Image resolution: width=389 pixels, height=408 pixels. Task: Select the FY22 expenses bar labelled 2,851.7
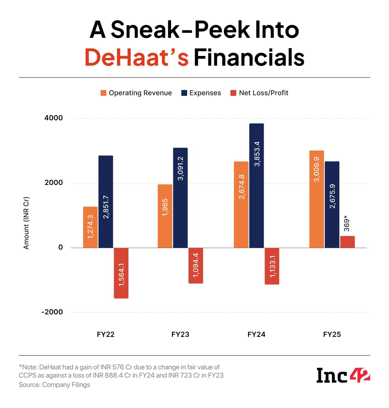click(x=106, y=202)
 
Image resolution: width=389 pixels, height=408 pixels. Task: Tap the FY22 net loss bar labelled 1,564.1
click(x=121, y=273)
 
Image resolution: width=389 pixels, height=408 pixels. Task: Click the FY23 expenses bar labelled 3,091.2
click(x=180, y=198)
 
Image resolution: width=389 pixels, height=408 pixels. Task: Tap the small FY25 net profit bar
click(x=347, y=242)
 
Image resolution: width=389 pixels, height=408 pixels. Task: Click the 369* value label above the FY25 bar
click(x=347, y=225)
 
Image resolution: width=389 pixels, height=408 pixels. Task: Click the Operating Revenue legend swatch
click(x=103, y=93)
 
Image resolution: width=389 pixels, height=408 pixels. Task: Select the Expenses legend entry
click(x=201, y=93)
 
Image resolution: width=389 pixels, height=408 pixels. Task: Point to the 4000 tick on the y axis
click(x=53, y=118)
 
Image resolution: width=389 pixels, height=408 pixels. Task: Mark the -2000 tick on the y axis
click(x=52, y=312)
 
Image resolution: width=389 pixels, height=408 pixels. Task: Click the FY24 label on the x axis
click(x=256, y=334)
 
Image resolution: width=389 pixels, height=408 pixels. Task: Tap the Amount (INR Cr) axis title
click(x=26, y=223)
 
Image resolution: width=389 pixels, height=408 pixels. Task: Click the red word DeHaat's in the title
click(x=137, y=58)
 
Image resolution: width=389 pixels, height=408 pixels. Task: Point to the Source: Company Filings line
click(x=54, y=385)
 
